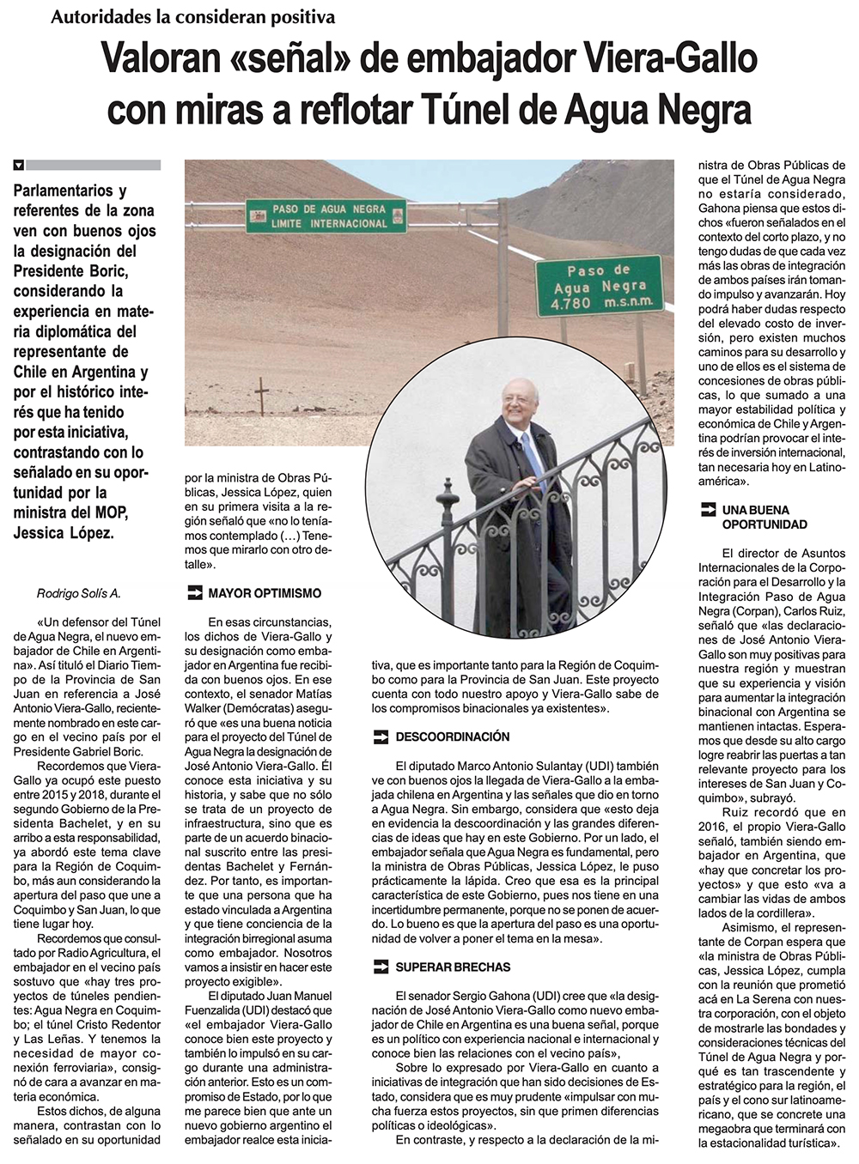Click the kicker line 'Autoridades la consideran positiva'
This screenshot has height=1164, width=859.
(192, 16)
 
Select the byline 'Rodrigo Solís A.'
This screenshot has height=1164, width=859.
(79, 593)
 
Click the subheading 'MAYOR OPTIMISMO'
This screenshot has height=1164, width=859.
(265, 593)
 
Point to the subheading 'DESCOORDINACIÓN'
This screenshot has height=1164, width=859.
(452, 737)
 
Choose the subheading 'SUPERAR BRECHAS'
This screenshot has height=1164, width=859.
(453, 967)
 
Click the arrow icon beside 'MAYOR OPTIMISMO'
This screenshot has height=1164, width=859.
(193, 592)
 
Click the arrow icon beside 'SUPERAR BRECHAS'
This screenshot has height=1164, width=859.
(380, 967)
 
